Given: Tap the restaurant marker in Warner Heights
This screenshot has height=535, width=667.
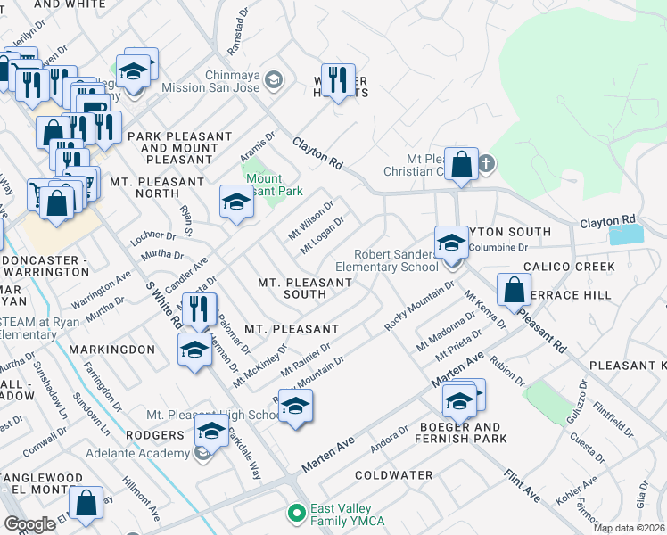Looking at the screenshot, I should [338, 80].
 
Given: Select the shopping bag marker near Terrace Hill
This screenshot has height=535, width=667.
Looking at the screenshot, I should [515, 289].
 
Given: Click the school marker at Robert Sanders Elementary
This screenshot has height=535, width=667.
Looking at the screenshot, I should [451, 243].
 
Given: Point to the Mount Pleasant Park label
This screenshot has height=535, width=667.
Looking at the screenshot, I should [273, 185].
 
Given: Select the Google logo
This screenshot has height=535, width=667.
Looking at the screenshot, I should [29, 524].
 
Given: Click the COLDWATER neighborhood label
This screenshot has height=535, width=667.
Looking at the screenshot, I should [393, 475].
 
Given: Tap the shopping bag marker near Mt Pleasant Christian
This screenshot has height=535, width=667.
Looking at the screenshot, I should [461, 164].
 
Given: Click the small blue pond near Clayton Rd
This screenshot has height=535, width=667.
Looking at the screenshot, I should [625, 235].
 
